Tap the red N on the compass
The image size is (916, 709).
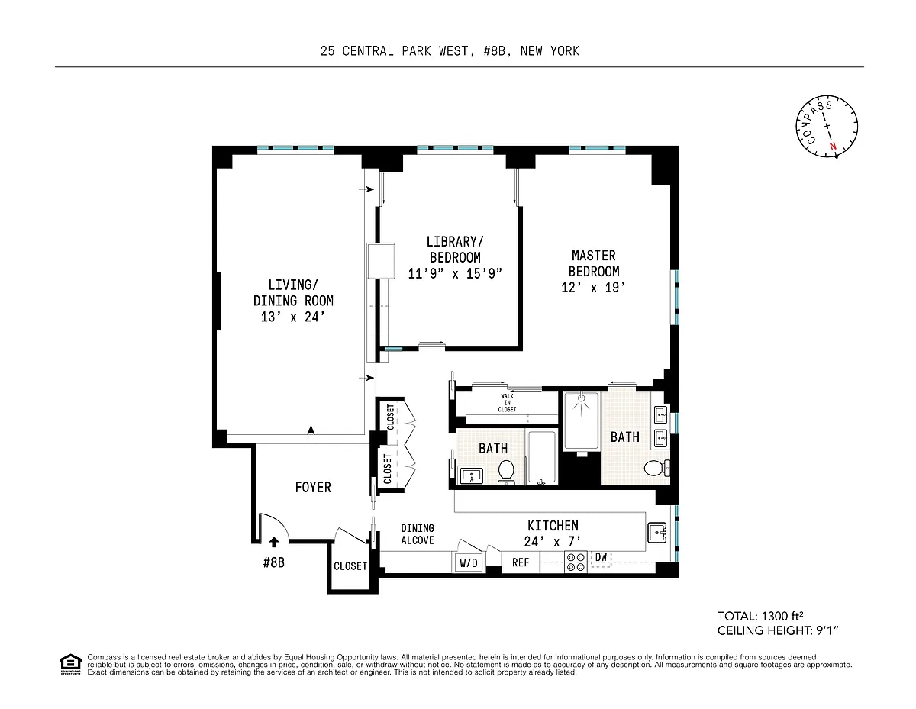(x=833, y=147)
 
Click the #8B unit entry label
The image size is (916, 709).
(x=273, y=562)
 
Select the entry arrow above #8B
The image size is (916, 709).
(x=274, y=542)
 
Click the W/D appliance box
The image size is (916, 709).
(x=469, y=562)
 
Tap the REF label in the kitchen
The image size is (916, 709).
(x=520, y=562)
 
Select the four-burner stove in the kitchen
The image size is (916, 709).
(x=576, y=562)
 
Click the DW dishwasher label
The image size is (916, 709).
(x=601, y=557)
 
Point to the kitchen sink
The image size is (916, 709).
(x=656, y=533)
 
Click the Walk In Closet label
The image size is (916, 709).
(x=507, y=403)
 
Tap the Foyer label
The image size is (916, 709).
(x=313, y=488)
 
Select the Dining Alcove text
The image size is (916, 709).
(x=418, y=534)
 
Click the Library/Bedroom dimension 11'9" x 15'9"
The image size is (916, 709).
(x=455, y=274)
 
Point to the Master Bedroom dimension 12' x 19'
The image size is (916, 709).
(x=593, y=288)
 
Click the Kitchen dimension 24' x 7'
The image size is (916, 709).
(x=553, y=541)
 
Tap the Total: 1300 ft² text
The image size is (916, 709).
(x=760, y=617)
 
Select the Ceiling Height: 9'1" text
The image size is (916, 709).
(x=778, y=630)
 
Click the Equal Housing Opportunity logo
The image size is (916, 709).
(x=70, y=664)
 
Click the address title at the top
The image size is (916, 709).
(x=450, y=51)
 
